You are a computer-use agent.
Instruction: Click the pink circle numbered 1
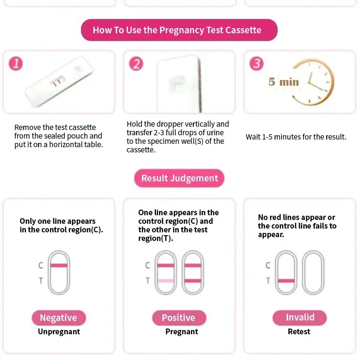[16, 64]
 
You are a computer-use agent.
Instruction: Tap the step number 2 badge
[136, 64]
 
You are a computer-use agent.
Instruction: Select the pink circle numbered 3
[257, 64]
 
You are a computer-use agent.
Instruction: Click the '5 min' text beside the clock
[284, 82]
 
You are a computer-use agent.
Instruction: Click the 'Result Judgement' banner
[180, 178]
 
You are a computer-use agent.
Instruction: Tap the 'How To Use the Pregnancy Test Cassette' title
[179, 30]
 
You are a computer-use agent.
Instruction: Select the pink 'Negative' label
[59, 318]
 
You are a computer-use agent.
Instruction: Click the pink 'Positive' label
[179, 318]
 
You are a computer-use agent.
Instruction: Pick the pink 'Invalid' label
[300, 318]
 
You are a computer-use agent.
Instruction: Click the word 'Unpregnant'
[59, 331]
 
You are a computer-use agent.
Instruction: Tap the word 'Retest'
[299, 331]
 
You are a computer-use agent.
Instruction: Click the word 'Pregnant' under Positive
[181, 331]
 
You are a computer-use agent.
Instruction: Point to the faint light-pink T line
[166, 280]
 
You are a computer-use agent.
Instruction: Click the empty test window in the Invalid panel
[313, 251]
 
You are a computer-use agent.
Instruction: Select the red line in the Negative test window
[59, 265]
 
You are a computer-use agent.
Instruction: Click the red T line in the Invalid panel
[286, 280]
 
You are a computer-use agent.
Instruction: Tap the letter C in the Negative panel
[41, 265]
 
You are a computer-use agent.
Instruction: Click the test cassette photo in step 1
[59, 81]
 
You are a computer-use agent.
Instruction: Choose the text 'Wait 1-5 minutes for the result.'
[296, 137]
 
